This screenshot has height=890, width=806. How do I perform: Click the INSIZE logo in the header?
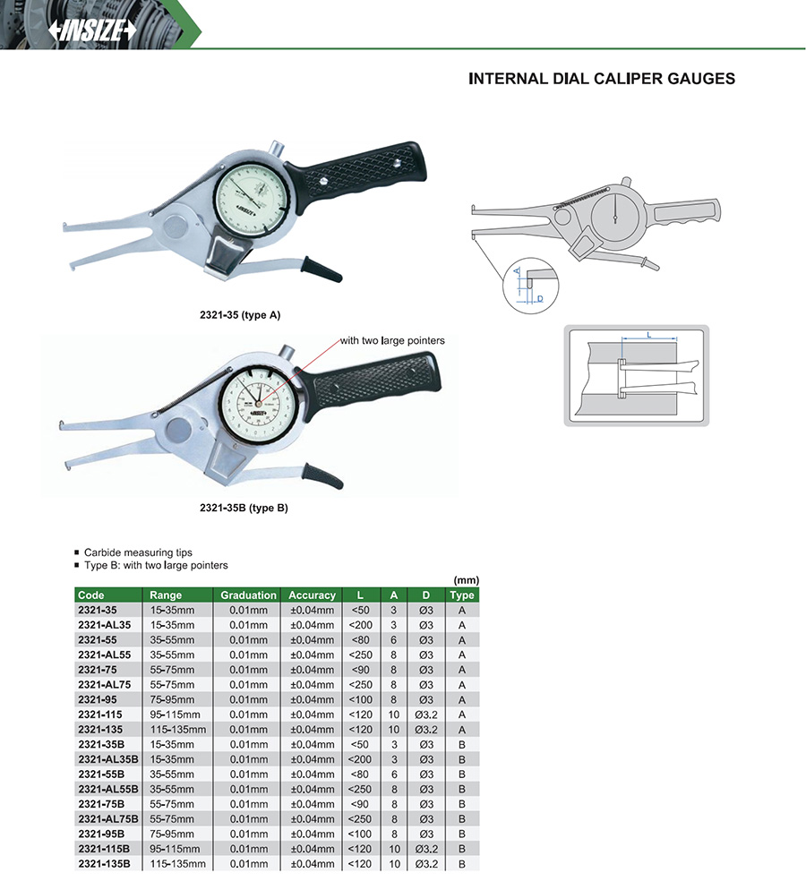[92, 30]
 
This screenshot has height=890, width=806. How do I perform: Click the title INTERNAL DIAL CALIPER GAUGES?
[602, 79]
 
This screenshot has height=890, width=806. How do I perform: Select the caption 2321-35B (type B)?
[243, 508]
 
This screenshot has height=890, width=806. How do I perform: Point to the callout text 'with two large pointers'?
[392, 341]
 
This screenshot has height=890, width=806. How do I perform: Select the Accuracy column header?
[312, 595]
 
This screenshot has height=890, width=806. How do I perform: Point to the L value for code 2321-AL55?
[360, 655]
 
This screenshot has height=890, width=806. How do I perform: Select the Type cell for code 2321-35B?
[462, 744]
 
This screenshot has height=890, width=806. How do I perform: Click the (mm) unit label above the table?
[467, 580]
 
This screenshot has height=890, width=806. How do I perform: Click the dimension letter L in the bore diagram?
[647, 335]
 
